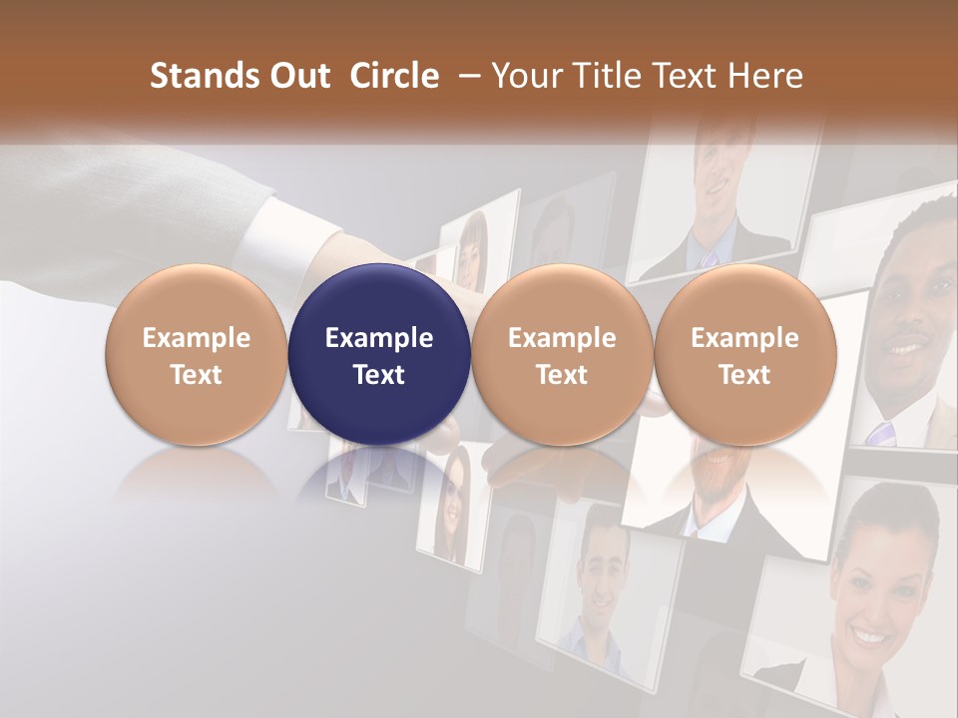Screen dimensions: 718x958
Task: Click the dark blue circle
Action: pos(379,355)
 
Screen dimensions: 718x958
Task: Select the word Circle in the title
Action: pos(394,76)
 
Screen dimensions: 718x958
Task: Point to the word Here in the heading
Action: pos(767,76)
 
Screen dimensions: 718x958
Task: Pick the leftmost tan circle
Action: pos(197,355)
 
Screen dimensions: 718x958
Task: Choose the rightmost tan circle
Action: pos(744,355)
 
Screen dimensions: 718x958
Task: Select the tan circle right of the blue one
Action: pos(562,355)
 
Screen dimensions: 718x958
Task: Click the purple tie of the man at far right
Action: pos(879,433)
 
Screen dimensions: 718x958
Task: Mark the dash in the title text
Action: pos(465,76)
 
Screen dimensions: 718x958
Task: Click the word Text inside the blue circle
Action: pos(379,375)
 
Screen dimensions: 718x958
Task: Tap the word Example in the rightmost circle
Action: pos(744,338)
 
